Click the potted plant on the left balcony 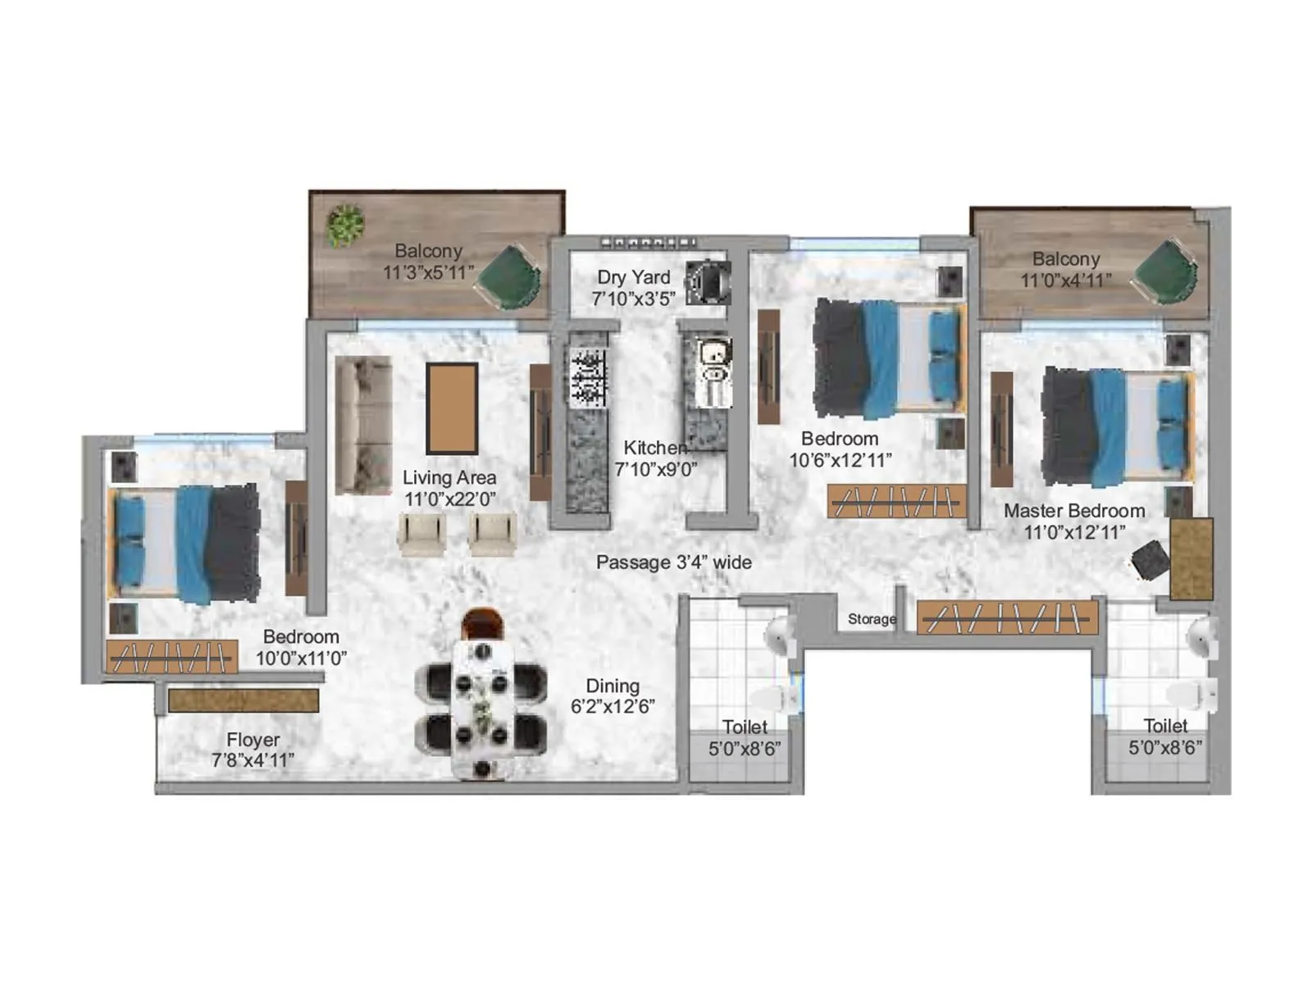345,225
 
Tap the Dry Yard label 633,277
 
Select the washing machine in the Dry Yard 707,282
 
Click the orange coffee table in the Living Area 452,408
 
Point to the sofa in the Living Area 363,425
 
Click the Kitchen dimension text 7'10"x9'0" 655,469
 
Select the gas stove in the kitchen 587,378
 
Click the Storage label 872,619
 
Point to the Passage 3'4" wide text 673,563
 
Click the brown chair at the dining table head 482,622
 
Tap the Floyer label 253,739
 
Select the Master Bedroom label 1074,511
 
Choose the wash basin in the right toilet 1201,637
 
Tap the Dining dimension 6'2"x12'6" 613,707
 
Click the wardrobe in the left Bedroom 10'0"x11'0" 171,657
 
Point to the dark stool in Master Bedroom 1149,559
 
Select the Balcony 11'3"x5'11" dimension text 428,272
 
